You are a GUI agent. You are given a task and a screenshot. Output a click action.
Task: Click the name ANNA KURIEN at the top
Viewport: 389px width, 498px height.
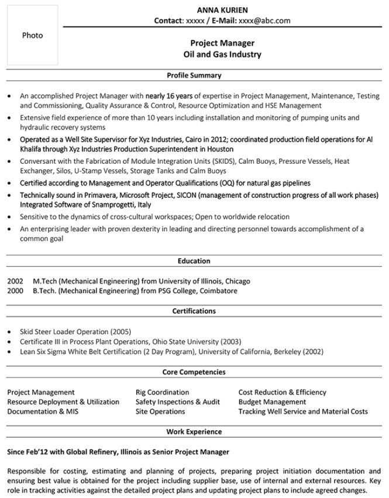[222, 10]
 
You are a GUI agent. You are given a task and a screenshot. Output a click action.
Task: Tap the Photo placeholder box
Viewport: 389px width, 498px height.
[32, 35]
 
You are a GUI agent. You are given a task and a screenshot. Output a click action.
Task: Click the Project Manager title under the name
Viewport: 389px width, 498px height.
[222, 43]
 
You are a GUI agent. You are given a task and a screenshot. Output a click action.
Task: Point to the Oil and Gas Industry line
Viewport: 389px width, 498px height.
[222, 54]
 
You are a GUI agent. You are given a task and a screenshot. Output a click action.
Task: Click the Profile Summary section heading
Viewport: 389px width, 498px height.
[194, 75]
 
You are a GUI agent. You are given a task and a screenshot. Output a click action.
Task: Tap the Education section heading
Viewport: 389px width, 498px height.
[194, 261]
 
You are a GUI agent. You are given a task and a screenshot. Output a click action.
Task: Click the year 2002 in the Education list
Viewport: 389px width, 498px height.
[15, 281]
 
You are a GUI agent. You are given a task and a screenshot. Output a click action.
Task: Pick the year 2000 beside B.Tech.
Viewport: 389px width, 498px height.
[15, 290]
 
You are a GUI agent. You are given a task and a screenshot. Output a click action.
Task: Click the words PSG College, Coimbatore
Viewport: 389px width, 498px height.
[198, 290]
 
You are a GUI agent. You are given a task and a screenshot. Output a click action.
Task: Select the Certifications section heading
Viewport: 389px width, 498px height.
[194, 311]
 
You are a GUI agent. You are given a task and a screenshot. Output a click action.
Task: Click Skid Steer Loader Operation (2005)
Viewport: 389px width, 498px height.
[72, 331]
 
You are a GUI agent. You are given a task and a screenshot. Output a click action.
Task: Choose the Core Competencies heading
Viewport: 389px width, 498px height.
[194, 372]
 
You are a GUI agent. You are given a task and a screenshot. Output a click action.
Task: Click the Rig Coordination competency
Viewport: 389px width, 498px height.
[162, 392]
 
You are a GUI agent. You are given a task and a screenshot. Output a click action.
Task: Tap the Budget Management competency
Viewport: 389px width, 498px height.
[272, 402]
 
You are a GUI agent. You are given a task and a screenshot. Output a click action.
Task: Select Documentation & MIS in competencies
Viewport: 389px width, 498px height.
[43, 411]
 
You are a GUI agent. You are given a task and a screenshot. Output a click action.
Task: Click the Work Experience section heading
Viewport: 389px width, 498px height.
[194, 432]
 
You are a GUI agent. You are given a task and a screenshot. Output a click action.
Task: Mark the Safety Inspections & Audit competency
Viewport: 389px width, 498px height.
[177, 402]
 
